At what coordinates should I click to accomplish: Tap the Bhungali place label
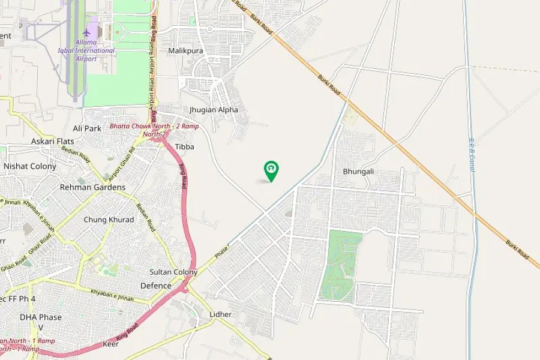click(x=358, y=172)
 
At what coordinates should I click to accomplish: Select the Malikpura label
click(x=185, y=51)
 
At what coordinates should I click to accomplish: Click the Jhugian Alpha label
click(x=214, y=110)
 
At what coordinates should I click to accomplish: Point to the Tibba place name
click(x=184, y=146)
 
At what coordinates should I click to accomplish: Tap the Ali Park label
click(x=87, y=128)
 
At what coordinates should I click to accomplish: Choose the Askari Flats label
click(x=52, y=142)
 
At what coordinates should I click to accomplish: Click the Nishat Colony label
click(x=30, y=166)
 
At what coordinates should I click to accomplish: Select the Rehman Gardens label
click(x=92, y=187)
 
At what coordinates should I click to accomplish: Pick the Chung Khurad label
click(x=109, y=220)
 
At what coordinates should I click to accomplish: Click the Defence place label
click(x=155, y=286)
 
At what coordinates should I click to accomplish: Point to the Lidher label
click(x=220, y=314)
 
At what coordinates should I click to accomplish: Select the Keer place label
click(x=110, y=344)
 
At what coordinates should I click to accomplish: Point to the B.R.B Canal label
click(x=471, y=155)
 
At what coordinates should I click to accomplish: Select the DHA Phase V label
click(x=41, y=322)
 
